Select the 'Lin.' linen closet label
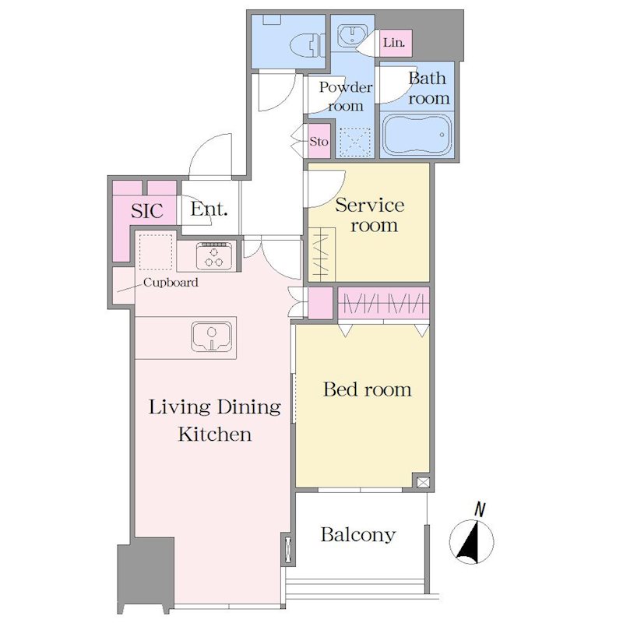click(394, 43)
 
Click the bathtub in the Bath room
click(417, 135)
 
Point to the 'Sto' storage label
click(319, 141)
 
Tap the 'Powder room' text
click(346, 96)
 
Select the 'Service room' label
click(370, 215)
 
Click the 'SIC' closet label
click(147, 210)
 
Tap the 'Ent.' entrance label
click(209, 209)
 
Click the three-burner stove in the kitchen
click(214, 255)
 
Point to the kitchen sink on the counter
click(211, 336)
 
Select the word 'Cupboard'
click(171, 283)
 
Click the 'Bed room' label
click(367, 389)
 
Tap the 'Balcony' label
click(358, 535)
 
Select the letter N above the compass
click(480, 510)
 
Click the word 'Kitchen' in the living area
click(215, 434)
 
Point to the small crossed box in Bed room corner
click(423, 482)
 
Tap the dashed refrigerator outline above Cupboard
click(156, 252)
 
